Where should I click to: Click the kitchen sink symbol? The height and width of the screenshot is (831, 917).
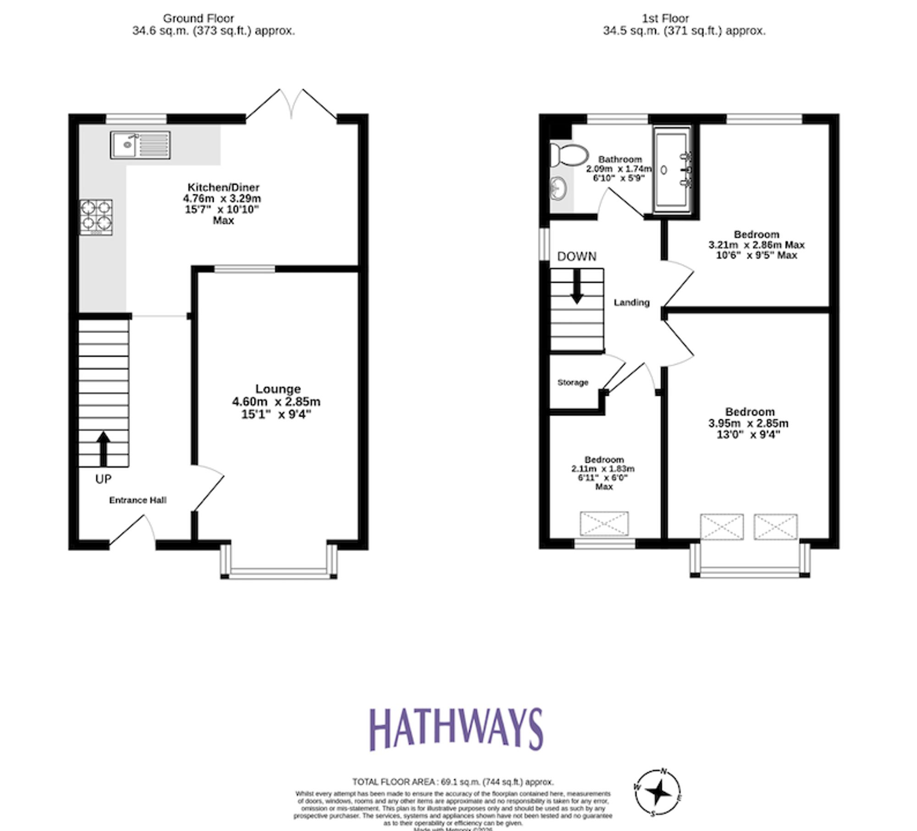point(140,145)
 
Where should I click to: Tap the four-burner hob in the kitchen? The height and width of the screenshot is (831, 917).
point(96,217)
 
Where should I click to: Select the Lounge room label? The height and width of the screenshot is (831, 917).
point(278,389)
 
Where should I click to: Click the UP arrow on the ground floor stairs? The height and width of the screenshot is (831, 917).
point(104,448)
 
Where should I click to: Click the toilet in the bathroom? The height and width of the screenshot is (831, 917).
point(568,154)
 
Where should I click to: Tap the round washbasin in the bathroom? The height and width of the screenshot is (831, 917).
point(558,188)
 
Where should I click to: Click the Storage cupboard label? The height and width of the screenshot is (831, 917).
point(573,383)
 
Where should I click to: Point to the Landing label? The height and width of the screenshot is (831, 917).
point(631,302)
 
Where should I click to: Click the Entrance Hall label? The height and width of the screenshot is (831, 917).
point(138,500)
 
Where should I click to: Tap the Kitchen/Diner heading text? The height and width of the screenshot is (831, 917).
point(223,187)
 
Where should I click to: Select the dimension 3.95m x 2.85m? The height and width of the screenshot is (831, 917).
point(748,423)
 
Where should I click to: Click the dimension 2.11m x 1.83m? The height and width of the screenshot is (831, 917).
point(603,469)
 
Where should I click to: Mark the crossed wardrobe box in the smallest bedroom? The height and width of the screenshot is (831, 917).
point(604,524)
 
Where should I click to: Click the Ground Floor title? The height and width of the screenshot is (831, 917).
point(199,18)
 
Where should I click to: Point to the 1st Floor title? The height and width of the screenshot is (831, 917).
point(665,18)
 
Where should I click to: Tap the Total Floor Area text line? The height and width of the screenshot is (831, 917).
point(453,782)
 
